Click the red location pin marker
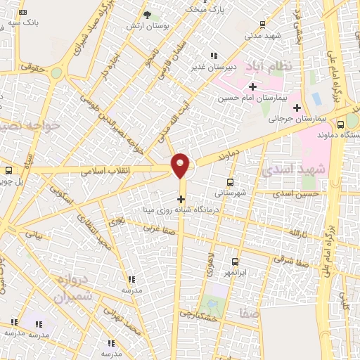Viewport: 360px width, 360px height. [x=181, y=165]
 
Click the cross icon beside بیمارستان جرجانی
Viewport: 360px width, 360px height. [x=297, y=108]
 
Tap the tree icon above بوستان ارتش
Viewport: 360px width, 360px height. [x=147, y=15]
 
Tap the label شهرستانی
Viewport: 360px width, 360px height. [x=230, y=193]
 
